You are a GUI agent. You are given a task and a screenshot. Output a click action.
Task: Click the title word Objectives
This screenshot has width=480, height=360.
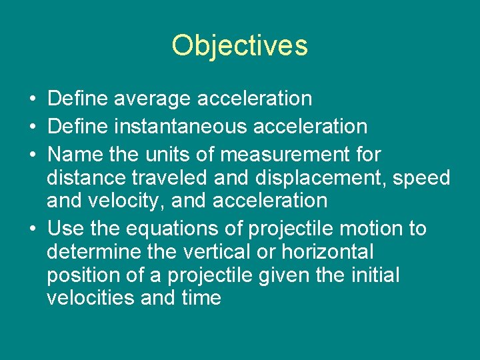click(x=239, y=46)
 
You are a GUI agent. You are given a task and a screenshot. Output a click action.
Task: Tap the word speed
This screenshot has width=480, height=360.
click(x=421, y=179)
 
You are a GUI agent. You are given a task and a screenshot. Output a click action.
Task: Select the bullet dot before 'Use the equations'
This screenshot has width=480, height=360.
click(x=32, y=229)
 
